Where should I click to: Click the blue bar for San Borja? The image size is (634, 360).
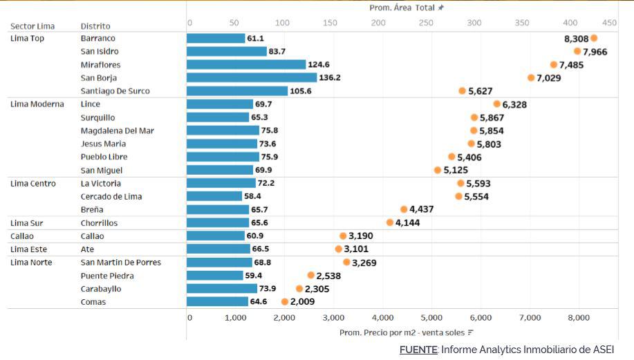tap(252, 78)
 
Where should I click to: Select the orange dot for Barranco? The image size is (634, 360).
tap(594, 39)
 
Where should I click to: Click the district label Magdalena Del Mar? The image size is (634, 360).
tap(117, 131)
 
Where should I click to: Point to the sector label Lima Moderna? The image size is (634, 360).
tap(37, 104)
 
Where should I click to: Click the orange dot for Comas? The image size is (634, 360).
tap(285, 302)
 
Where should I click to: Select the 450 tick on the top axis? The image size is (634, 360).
tap(609, 23)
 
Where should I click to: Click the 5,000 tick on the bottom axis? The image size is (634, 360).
tap(431, 318)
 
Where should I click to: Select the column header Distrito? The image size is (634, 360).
tap(95, 26)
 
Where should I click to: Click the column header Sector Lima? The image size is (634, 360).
tap(32, 26)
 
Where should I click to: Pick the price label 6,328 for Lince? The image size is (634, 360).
tap(514, 104)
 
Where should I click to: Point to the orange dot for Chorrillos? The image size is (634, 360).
tap(390, 222)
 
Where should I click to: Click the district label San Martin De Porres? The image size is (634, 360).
tap(121, 263)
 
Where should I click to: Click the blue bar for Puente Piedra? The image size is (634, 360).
tap(215, 276)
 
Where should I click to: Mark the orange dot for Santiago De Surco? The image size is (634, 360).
tap(463, 91)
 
